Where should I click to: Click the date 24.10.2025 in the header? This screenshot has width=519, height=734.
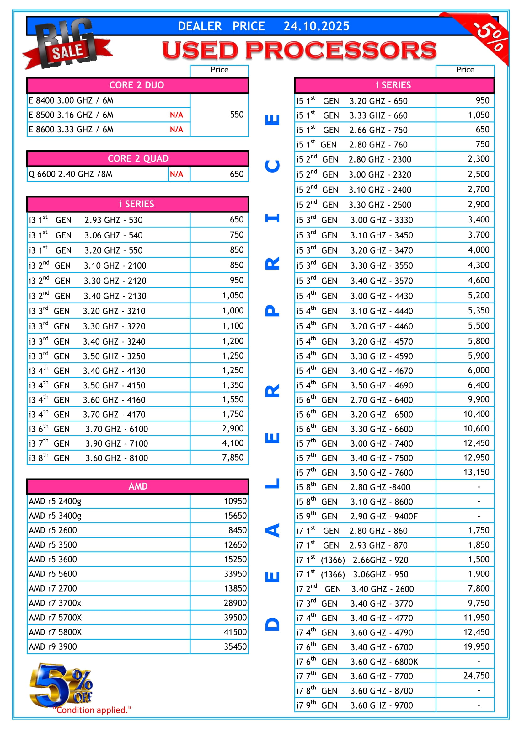pyautogui.click(x=316, y=26)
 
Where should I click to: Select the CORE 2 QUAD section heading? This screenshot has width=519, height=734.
pyautogui.click(x=138, y=158)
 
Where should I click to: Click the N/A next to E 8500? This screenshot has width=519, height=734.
pyautogui.click(x=176, y=115)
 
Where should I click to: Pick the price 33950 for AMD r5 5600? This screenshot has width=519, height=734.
pyautogui.click(x=235, y=574)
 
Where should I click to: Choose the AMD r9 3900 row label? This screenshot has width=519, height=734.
pyautogui.click(x=53, y=647)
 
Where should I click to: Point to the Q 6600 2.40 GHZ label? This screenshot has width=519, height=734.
pyautogui.click(x=71, y=174)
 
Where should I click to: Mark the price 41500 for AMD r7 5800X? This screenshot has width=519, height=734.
pyautogui.click(x=235, y=632)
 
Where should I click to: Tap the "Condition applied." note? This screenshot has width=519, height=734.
pyautogui.click(x=92, y=710)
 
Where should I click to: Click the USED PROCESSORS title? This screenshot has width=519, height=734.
pyautogui.click(x=299, y=50)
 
